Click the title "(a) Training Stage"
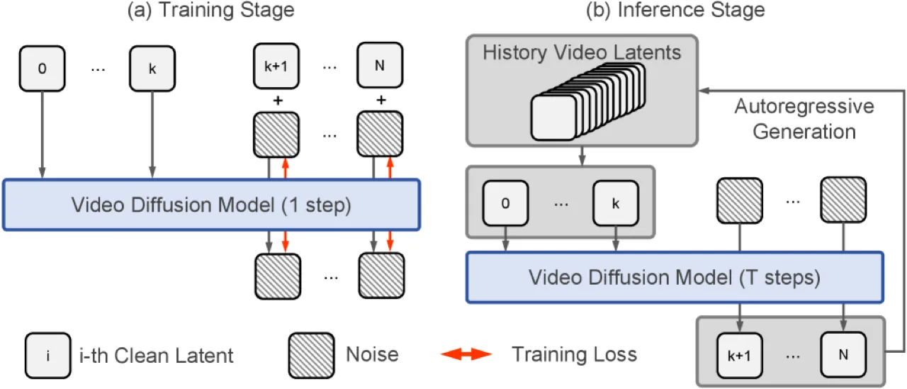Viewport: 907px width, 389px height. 210,10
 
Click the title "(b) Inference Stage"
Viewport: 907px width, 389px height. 675,10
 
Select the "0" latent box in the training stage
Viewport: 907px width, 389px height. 42,69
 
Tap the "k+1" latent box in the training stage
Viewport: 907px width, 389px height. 276,66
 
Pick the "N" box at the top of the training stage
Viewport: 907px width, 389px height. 380,65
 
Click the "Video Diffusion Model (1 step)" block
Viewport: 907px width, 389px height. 211,205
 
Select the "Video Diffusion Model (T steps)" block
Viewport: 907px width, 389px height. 675,277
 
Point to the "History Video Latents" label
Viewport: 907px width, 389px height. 582,52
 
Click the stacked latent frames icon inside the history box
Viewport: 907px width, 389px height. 588,102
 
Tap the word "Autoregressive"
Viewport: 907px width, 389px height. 804,107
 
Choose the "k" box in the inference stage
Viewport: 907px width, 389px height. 616,203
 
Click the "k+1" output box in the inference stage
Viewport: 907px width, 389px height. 739,356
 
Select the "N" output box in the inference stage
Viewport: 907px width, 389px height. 843,354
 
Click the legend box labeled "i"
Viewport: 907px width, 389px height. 47,356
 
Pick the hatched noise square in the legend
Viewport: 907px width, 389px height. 311,356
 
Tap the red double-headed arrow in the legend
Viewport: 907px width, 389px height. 466,354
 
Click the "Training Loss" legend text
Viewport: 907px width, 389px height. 574,354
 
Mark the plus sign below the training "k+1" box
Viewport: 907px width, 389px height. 278,101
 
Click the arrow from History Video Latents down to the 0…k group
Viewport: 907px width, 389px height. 582,156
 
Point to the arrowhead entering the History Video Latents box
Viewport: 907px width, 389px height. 704,90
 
